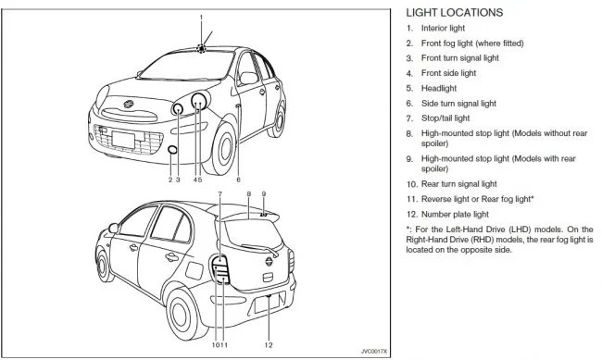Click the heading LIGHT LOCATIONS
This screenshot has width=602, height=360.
click(454, 13)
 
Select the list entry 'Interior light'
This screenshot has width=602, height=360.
click(443, 28)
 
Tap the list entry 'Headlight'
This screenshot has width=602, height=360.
click(439, 88)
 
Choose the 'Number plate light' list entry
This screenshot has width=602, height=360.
click(455, 214)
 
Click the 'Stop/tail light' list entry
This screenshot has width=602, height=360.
click(445, 118)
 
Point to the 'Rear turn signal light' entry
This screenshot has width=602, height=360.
click(458, 184)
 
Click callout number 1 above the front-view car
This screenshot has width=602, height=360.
click(201, 18)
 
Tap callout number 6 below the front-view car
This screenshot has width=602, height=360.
click(238, 180)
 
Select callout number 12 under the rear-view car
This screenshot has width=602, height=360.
click(269, 345)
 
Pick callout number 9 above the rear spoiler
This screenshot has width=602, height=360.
click(264, 194)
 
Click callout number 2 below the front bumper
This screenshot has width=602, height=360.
click(170, 180)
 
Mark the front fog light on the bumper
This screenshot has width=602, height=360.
click(173, 150)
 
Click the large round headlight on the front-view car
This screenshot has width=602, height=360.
click(199, 101)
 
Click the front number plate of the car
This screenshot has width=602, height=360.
click(123, 140)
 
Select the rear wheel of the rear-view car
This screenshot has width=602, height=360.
click(181, 314)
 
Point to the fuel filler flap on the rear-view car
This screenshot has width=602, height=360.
click(194, 270)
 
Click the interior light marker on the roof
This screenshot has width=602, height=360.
click(201, 49)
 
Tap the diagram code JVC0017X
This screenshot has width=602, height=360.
click(374, 351)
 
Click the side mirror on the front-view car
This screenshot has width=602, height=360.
click(248, 78)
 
